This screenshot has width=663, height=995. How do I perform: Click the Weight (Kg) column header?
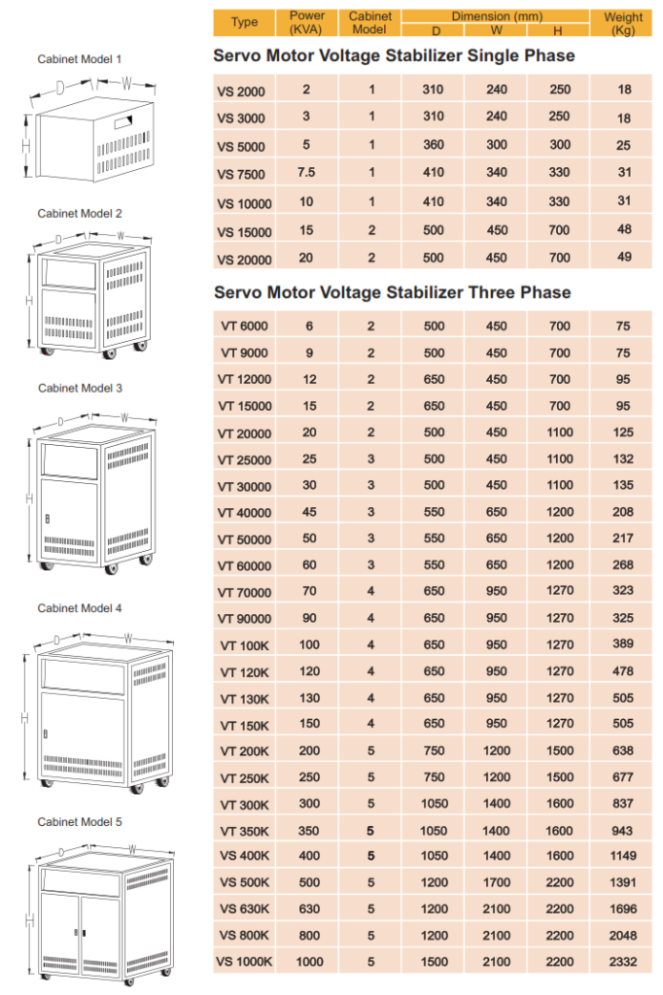623,22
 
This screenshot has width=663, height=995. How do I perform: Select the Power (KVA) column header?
306,22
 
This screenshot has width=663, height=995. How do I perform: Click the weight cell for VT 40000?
623,511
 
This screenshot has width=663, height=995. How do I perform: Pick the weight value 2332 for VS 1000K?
623,961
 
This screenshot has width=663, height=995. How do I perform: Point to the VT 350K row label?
244,831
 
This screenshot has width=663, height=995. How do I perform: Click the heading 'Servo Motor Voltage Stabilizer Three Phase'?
392,292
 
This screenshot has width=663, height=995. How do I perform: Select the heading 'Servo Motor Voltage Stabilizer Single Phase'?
394,56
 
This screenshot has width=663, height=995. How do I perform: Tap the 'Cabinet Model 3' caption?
80,388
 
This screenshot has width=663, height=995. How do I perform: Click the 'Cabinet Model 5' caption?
80,821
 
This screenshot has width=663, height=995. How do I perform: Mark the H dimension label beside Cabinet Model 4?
24,718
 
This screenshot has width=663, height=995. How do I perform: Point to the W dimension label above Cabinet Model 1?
126,84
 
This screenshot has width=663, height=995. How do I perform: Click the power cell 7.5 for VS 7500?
306,173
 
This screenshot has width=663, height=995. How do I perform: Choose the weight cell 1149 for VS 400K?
623,856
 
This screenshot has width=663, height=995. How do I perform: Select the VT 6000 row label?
244,326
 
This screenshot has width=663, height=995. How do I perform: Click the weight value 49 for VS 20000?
623,257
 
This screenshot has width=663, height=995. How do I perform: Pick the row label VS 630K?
244,909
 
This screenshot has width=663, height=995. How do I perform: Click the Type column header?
244,22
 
